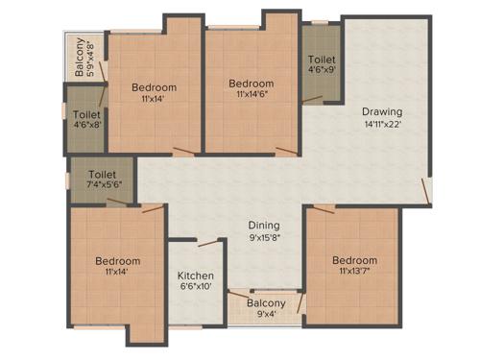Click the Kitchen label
click(196, 276)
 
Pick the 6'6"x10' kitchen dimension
click(196, 288)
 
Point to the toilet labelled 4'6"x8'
click(86, 119)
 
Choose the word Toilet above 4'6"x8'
click(86, 113)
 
